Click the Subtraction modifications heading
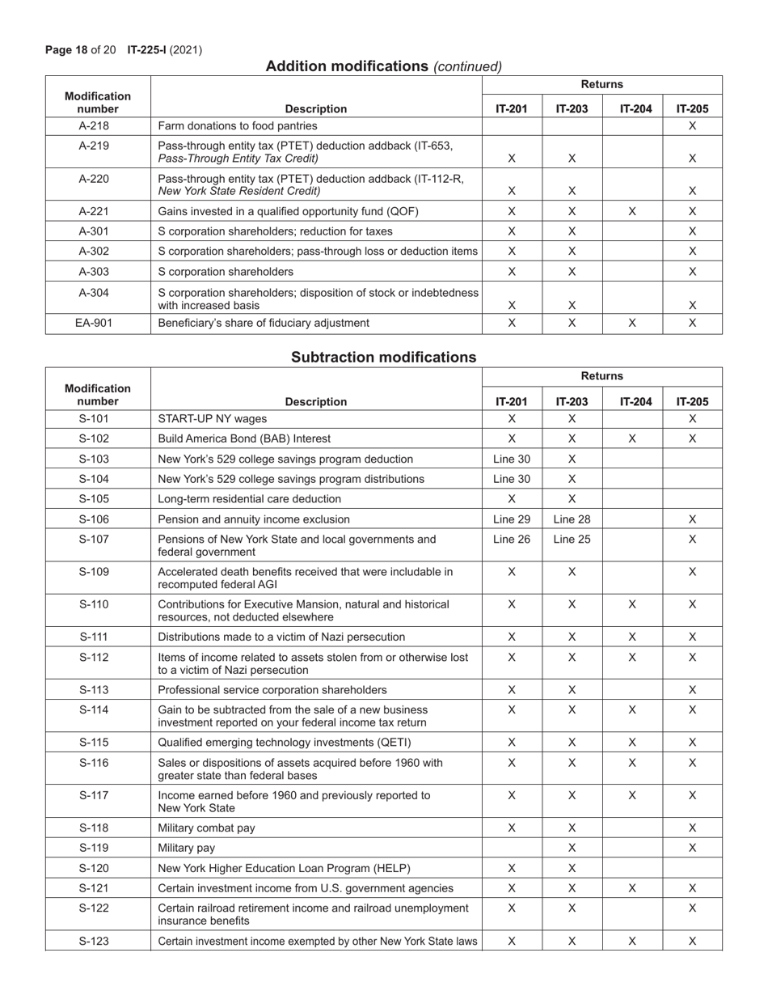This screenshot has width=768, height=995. click(x=383, y=357)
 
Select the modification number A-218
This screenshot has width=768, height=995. click(x=98, y=126)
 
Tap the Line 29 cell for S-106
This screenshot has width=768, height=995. click(x=512, y=519)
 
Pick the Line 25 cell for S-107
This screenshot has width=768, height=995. click(x=572, y=540)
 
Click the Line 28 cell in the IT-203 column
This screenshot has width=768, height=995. click(x=572, y=519)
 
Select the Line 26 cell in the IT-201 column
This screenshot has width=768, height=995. click(x=512, y=540)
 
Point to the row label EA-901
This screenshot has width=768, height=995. click(x=98, y=323)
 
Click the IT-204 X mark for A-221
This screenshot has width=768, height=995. click(x=632, y=211)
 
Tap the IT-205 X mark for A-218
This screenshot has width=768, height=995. click(x=692, y=126)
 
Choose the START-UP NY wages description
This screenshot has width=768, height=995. click(x=212, y=419)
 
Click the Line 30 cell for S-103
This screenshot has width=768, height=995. click(x=512, y=459)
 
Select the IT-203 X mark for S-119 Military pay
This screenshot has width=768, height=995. click(x=572, y=849)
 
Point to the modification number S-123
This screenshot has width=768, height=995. click(x=98, y=941)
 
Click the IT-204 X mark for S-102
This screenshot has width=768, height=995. click(x=632, y=439)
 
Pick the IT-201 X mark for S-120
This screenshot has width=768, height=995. click(x=512, y=869)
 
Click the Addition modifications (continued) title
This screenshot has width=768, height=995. click(x=383, y=66)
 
